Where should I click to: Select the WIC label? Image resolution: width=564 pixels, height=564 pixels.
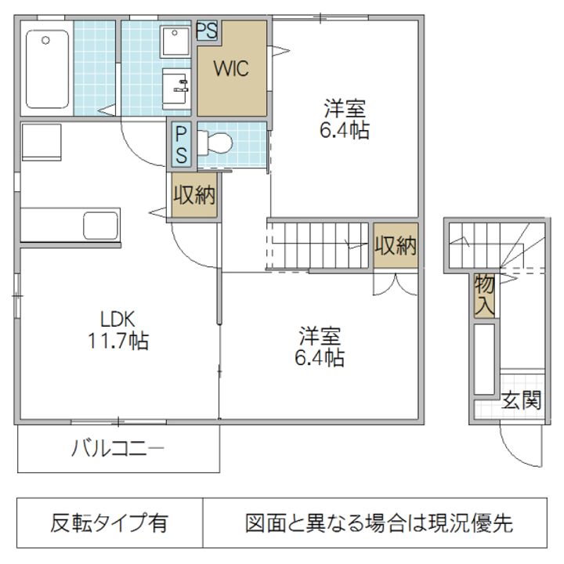pos(232,69)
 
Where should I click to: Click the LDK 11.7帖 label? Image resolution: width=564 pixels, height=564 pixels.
pos(118,330)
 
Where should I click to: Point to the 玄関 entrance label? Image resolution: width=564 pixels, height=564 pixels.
pos(521,401)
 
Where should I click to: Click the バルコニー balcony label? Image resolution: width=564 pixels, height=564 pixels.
pos(117,449)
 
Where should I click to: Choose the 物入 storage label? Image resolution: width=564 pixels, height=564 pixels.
pos(484,296)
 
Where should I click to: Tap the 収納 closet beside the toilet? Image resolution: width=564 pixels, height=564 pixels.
pos(194,196)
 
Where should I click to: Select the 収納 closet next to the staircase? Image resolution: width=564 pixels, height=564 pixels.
pos(396,245)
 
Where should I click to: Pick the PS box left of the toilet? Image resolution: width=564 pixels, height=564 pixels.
pos(181,145)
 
